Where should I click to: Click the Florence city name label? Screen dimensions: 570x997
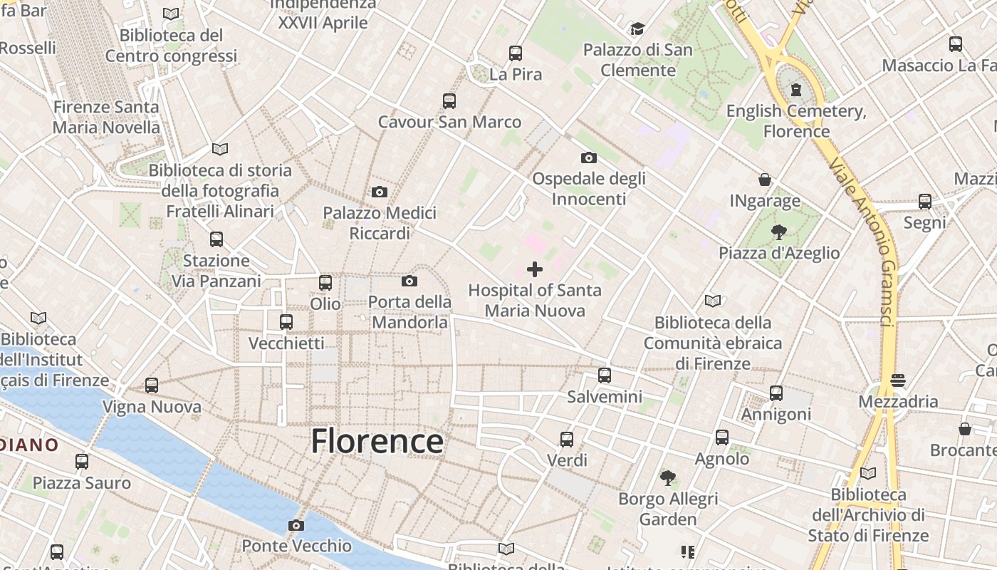point(377,441)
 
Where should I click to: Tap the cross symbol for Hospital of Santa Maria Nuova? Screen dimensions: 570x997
point(535,269)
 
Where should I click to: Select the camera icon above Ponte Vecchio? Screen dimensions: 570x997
point(296,526)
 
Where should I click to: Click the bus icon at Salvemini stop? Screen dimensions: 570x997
point(605,375)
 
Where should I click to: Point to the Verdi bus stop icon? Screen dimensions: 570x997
point(567,439)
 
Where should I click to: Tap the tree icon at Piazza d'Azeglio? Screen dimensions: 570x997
point(778,232)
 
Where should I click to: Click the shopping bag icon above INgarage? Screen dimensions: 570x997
point(765,180)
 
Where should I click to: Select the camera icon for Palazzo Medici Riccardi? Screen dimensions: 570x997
point(380,192)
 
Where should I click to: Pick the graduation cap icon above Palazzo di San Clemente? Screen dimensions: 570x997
point(637,29)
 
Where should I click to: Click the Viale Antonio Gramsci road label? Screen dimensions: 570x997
point(861,242)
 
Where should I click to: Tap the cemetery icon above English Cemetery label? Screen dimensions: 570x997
point(795,90)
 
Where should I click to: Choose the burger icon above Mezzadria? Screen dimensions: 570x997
point(898,380)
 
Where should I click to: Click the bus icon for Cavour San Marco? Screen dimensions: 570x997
point(449,101)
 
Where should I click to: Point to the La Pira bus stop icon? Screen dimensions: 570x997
point(516,53)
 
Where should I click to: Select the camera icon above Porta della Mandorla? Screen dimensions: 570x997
point(409,281)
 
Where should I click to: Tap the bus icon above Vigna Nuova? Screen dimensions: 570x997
point(152,385)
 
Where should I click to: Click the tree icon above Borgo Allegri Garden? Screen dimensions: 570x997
point(668,478)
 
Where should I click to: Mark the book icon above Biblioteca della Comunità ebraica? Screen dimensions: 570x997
point(713,301)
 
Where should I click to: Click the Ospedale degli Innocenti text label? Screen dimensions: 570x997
point(589,188)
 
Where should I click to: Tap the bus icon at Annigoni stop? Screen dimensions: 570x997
point(776,393)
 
